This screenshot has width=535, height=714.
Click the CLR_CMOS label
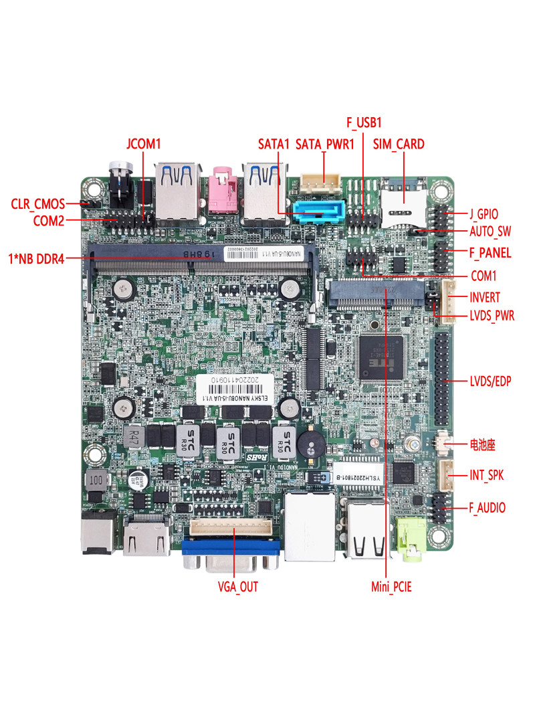click(x=38, y=203)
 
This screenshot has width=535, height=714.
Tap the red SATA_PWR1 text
click(x=324, y=144)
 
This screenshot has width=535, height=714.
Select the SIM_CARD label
click(x=399, y=144)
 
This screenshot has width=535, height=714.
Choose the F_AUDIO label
click(x=488, y=508)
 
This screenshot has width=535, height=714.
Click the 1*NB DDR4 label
click(x=36, y=258)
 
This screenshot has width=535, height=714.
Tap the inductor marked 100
click(x=98, y=481)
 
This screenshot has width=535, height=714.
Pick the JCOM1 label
click(x=144, y=144)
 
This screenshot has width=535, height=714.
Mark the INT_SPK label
click(x=486, y=475)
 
